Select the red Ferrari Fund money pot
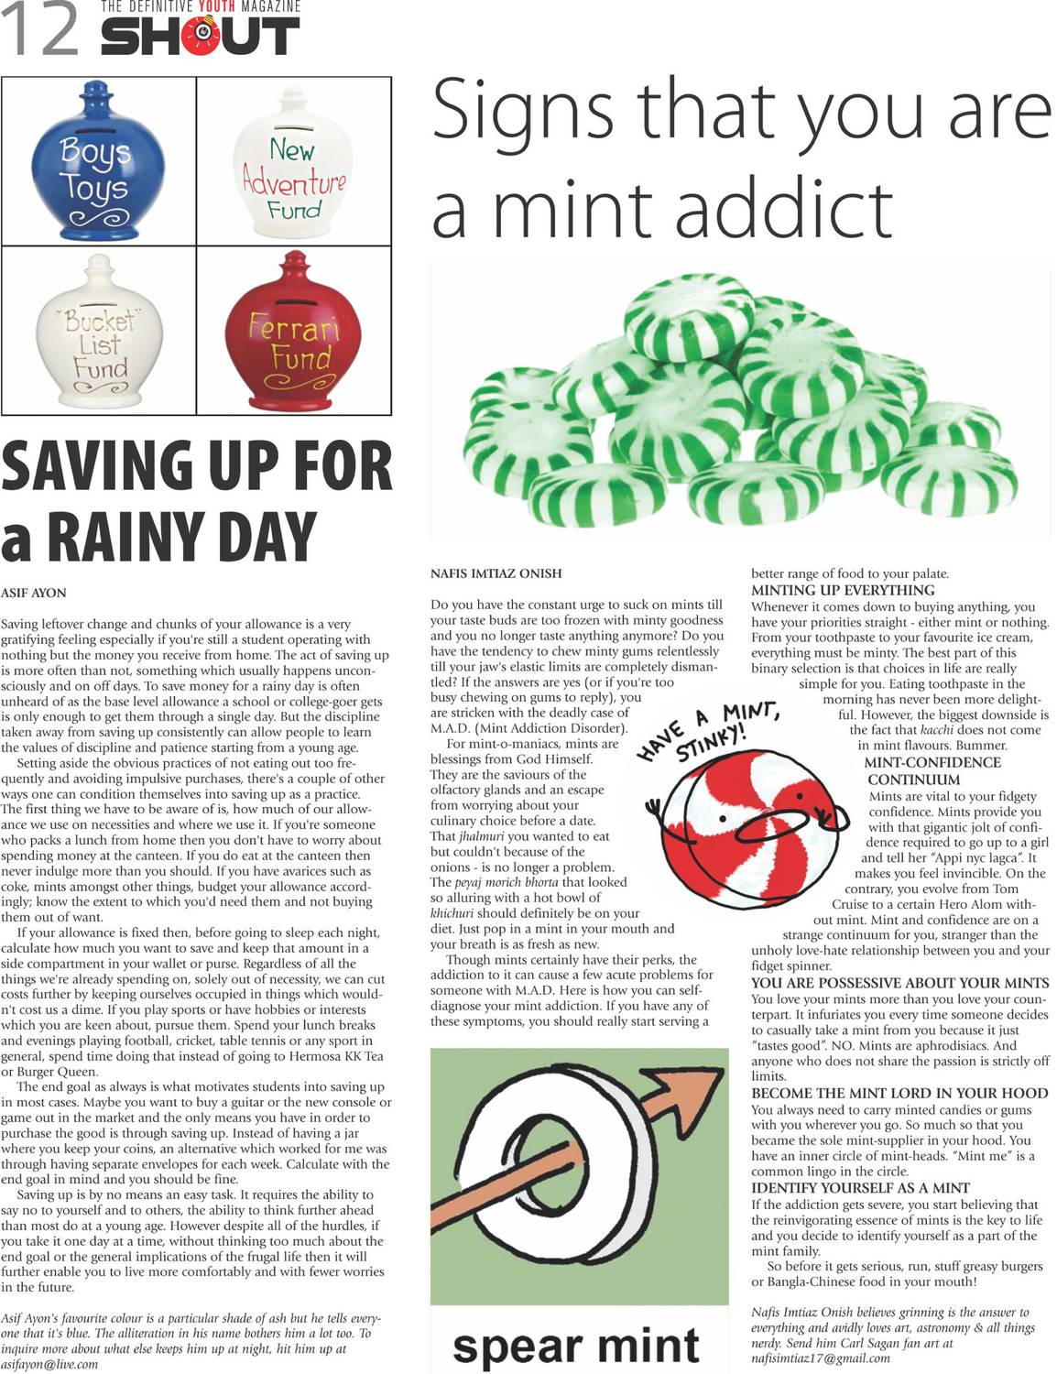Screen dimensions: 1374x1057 click(295, 334)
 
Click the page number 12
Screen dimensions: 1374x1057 click(40, 29)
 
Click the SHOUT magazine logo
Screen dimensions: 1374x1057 click(200, 36)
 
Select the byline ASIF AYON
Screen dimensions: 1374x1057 click(34, 593)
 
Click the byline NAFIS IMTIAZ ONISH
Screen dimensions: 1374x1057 click(496, 573)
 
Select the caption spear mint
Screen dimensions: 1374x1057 click(575, 1345)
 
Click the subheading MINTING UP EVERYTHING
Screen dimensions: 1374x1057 click(843, 590)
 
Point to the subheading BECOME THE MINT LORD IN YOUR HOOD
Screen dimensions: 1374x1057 click(899, 1093)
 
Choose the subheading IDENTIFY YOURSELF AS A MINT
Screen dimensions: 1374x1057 click(860, 1187)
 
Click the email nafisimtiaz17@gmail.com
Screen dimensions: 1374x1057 click(820, 1358)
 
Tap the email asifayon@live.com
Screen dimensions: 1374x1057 click(49, 1364)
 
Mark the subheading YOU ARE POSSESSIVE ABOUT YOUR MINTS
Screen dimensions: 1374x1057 click(899, 983)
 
